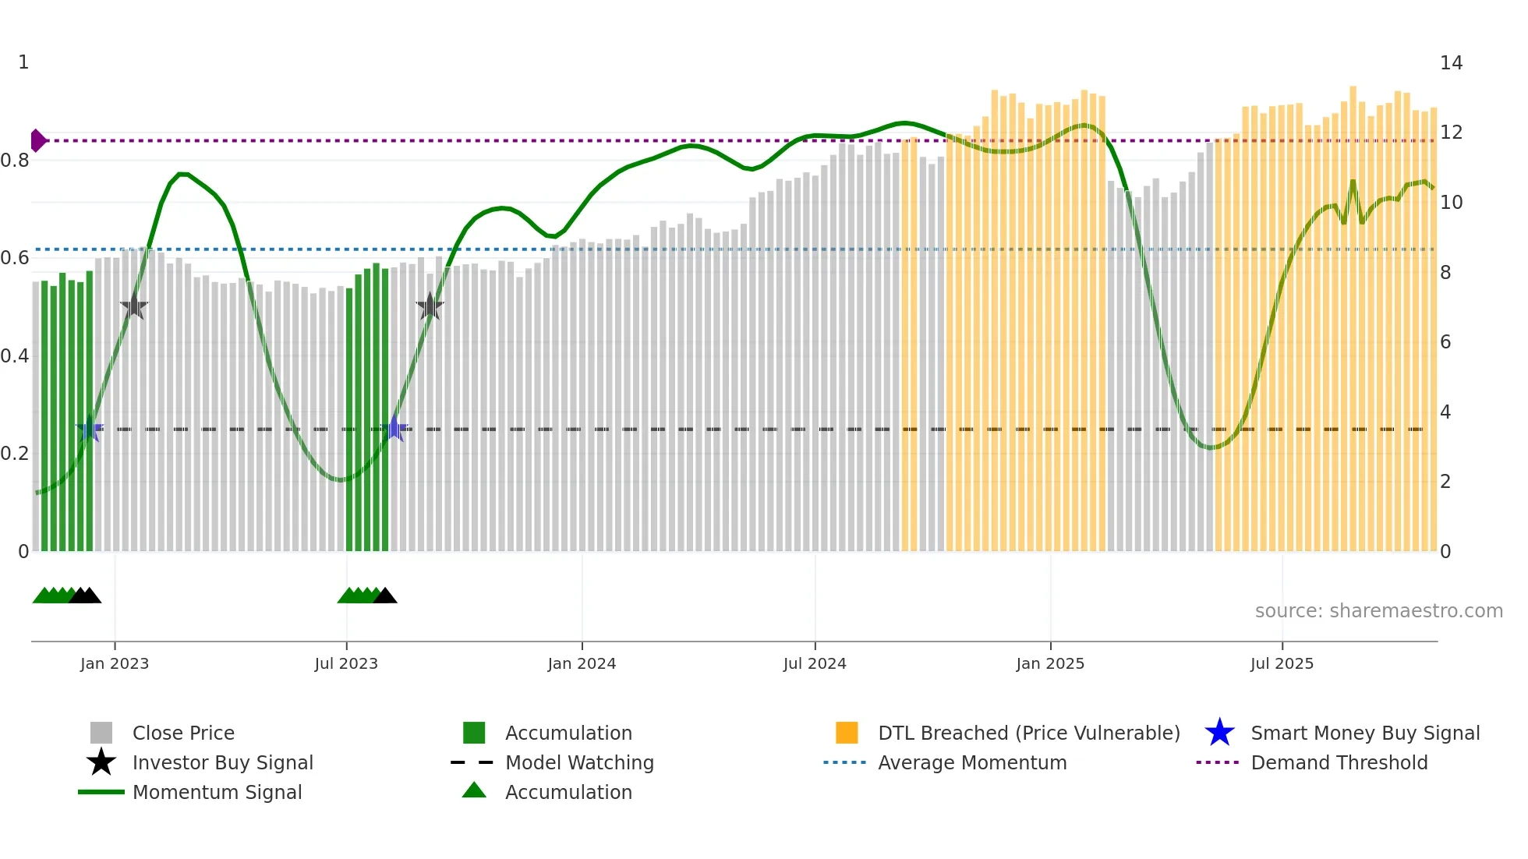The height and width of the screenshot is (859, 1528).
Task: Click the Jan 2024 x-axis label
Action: [582, 664]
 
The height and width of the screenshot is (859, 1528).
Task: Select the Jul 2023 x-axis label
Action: [346, 664]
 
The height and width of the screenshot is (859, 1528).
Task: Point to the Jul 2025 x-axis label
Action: [1282, 664]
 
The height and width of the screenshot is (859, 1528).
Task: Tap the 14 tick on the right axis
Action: [1451, 63]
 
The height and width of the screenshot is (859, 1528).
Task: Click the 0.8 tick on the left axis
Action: [15, 161]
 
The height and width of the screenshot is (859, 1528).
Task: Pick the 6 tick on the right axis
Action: [1445, 342]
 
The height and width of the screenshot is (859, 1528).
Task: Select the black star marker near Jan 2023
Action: [134, 306]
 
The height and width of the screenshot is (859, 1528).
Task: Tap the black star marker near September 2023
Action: [430, 306]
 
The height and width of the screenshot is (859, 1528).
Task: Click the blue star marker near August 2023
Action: [394, 429]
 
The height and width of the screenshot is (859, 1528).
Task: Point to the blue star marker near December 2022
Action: [90, 429]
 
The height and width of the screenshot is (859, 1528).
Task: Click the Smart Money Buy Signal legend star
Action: [1219, 733]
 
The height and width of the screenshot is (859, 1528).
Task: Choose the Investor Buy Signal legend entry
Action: [222, 762]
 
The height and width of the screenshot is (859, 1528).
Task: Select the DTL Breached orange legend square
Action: [847, 733]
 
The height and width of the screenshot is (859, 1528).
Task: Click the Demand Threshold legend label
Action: [1339, 762]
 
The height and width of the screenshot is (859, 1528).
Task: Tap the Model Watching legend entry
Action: [579, 762]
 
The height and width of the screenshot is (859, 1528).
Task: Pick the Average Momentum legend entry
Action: [971, 762]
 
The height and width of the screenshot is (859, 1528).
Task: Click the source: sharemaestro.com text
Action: [1378, 611]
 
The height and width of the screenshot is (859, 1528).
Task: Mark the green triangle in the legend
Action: [474, 790]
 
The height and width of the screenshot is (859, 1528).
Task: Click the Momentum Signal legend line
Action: [101, 792]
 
